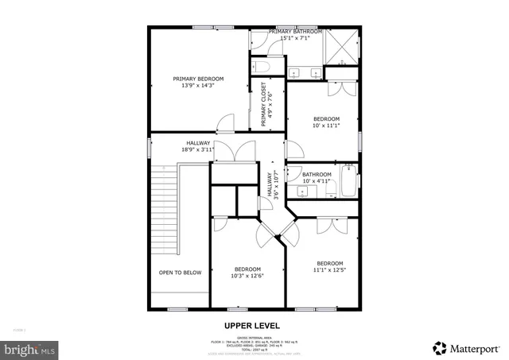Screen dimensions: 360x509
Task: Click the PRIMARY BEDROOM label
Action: tap(198, 79)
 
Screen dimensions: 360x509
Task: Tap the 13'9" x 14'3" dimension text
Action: tap(198, 86)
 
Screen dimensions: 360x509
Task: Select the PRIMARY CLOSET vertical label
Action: tap(267, 104)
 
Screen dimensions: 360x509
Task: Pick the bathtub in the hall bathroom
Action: tap(348, 180)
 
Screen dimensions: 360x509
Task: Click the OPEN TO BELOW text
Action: tap(180, 273)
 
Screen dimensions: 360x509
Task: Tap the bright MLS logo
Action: tap(30, 348)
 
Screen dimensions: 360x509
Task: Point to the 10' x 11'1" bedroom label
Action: tap(325, 122)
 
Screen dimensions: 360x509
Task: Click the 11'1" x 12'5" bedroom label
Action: tap(329, 267)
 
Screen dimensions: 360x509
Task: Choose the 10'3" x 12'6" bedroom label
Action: tap(247, 272)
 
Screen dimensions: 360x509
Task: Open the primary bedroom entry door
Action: tap(226, 123)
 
